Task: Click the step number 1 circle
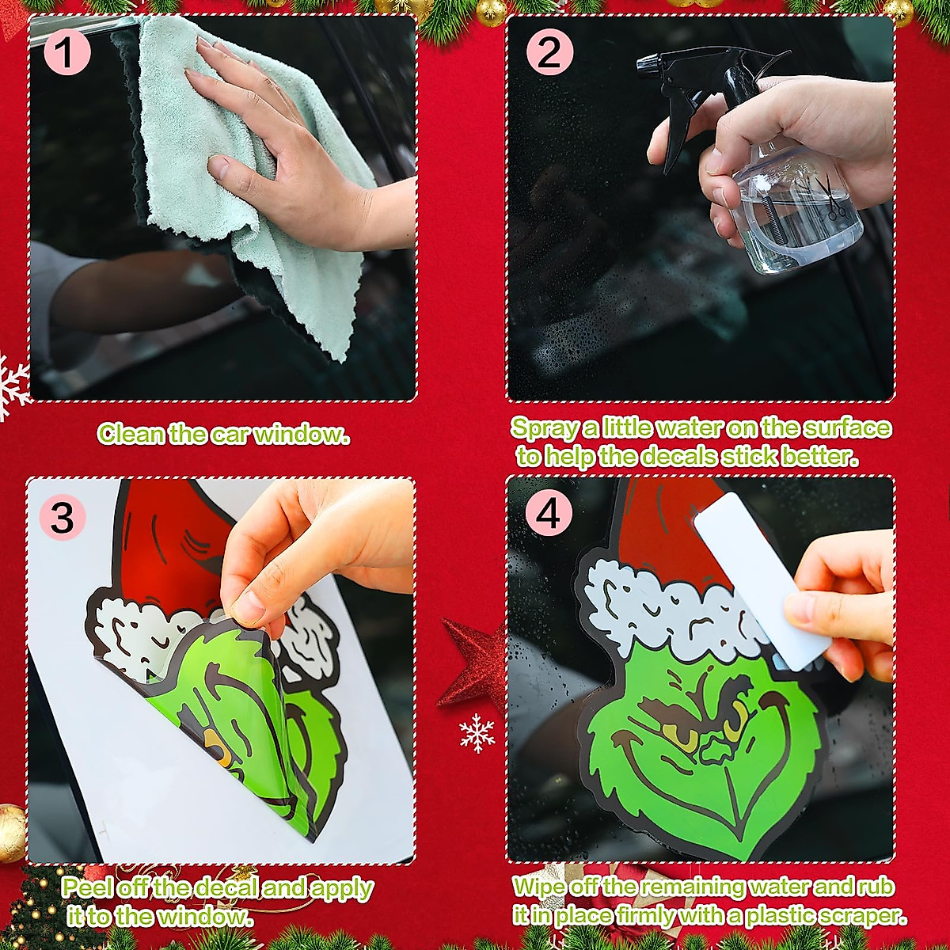click(x=66, y=52)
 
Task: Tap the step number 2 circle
click(x=548, y=52)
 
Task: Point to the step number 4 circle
click(x=548, y=515)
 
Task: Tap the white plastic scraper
click(x=760, y=578)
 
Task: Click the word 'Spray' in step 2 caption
click(x=545, y=428)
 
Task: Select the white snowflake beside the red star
click(x=477, y=732)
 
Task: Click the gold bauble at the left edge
click(x=11, y=832)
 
